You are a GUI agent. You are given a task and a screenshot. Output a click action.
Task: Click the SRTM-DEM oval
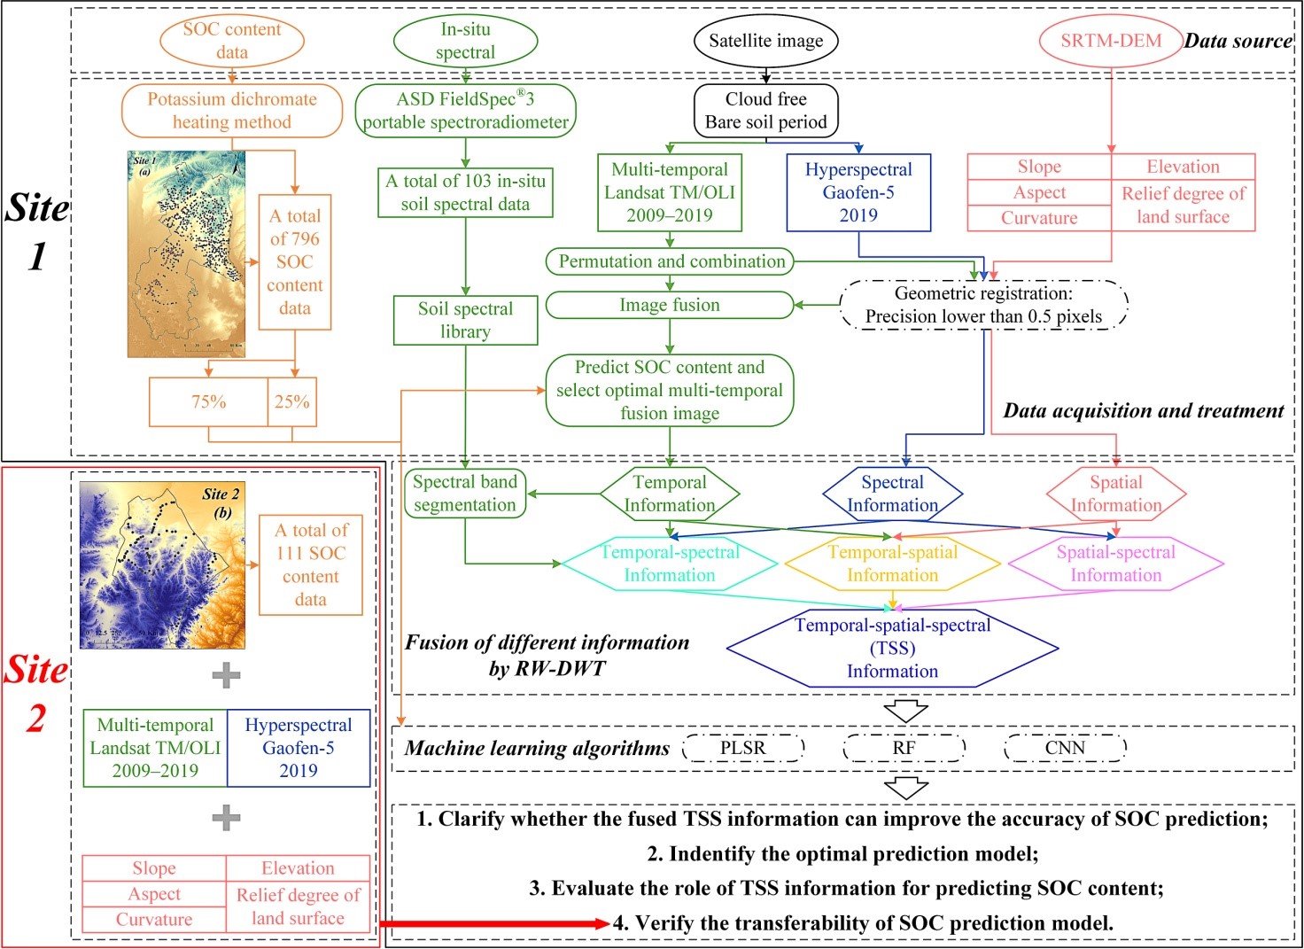[1111, 41]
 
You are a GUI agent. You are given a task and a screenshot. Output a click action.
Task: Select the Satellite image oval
[765, 41]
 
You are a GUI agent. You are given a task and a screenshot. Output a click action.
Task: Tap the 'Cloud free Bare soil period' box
[765, 111]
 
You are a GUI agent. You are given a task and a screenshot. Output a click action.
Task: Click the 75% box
[209, 402]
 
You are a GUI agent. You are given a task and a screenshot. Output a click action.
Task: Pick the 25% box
[292, 402]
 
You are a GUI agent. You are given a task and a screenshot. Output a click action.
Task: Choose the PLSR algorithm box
[743, 748]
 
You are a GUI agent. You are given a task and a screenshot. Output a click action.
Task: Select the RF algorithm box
[904, 748]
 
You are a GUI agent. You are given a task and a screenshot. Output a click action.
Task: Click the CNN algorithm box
[1065, 748]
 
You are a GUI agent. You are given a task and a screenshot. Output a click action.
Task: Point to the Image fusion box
[670, 305]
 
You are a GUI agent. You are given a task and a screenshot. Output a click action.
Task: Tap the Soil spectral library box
[465, 320]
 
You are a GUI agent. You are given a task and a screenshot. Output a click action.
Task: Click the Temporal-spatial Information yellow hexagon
[892, 564]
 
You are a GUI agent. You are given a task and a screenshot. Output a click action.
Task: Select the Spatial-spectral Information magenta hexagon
[1115, 564]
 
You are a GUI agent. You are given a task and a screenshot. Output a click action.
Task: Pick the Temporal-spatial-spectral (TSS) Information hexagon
[892, 649]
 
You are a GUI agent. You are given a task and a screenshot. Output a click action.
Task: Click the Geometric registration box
[983, 305]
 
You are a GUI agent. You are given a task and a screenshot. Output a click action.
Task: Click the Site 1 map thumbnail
[186, 253]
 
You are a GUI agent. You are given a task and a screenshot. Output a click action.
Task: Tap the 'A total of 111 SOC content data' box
[310, 564]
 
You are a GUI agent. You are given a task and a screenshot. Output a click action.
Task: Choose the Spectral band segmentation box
[465, 494]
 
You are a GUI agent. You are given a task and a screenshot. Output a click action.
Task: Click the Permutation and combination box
[670, 261]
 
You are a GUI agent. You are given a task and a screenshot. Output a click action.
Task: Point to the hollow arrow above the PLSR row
[905, 711]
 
